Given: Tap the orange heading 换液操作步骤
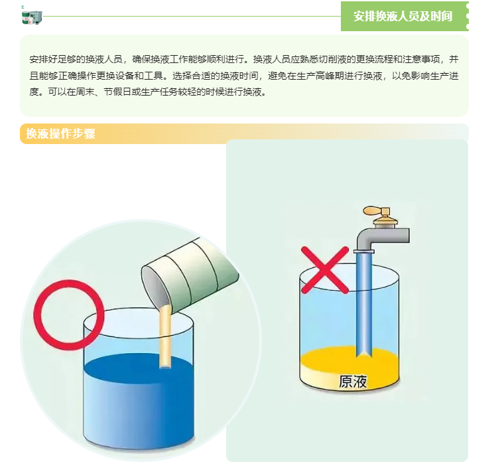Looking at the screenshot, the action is (60, 133).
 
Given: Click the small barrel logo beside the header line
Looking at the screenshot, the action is (32, 17).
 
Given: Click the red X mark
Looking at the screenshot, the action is (324, 270).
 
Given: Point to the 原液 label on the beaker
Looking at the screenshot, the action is (353, 381).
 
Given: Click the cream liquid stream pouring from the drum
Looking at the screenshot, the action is (165, 337).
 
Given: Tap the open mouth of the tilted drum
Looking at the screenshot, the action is (156, 290).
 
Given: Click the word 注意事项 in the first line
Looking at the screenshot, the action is (421, 60).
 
